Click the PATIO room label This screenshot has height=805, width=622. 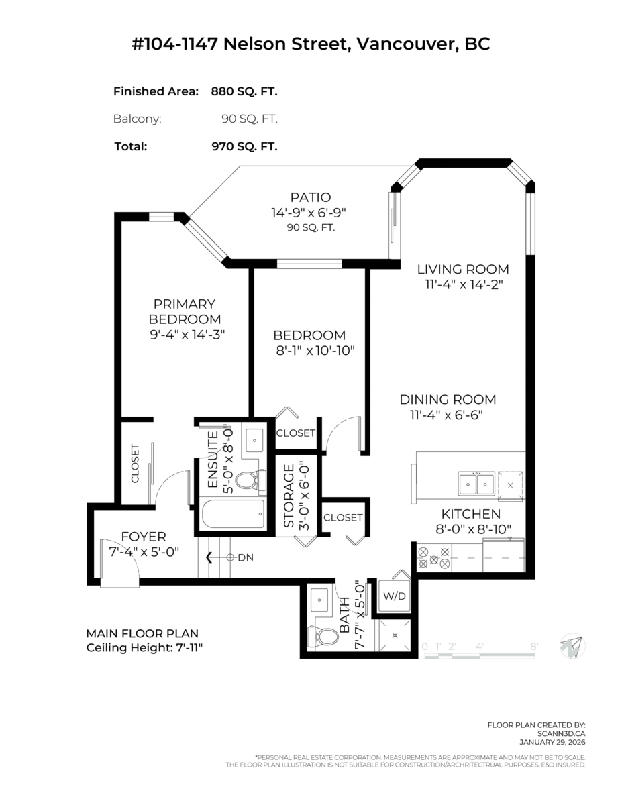pyautogui.click(x=311, y=197)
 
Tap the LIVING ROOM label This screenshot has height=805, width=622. pyautogui.click(x=463, y=269)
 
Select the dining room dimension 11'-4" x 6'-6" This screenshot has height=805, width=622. pyautogui.click(x=446, y=415)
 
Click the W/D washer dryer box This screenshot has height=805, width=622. pyautogui.click(x=394, y=596)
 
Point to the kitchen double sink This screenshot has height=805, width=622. pyautogui.click(x=476, y=484)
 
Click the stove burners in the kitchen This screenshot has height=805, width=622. pyautogui.click(x=434, y=558)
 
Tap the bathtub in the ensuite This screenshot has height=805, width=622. pyautogui.click(x=234, y=514)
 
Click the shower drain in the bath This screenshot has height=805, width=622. pyautogui.click(x=395, y=635)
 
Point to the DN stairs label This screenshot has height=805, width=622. pyautogui.click(x=246, y=557)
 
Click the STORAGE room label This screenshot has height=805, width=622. pyautogui.click(x=289, y=496)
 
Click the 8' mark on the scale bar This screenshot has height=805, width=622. pyautogui.click(x=534, y=647)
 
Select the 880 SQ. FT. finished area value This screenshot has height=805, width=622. pyautogui.click(x=244, y=91)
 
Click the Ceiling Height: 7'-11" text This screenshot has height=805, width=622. pyautogui.click(x=144, y=648)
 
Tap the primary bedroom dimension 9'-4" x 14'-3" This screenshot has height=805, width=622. pyautogui.click(x=187, y=335)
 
